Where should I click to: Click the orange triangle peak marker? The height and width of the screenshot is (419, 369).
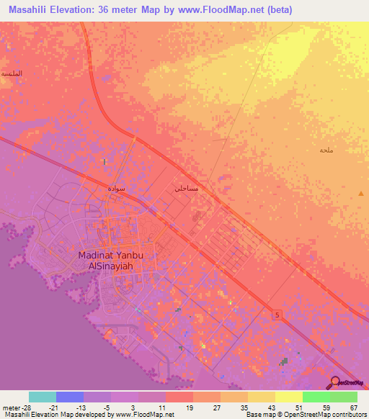click(360, 194)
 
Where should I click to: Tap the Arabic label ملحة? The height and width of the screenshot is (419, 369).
click(325, 150)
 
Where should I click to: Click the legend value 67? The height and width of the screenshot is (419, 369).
click(353, 407)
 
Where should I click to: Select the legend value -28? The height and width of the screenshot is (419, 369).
click(24, 407)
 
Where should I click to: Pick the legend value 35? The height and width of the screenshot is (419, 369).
click(244, 407)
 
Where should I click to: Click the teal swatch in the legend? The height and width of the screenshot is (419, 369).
click(43, 397)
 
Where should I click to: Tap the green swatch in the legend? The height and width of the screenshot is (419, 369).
click(316, 397)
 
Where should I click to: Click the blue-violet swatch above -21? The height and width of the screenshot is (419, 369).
click(70, 397)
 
